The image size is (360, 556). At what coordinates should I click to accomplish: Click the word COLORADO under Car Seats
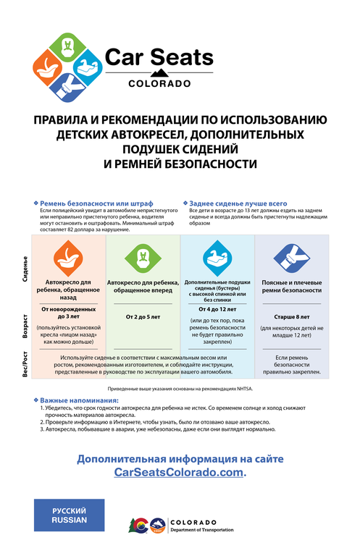159,83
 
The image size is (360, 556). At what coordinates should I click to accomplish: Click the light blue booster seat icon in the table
217,256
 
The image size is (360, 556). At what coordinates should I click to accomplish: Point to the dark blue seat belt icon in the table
290,256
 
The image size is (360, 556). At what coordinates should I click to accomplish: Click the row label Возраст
26,327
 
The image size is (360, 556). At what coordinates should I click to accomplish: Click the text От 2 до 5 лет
143,316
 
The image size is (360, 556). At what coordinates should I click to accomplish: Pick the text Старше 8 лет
290,316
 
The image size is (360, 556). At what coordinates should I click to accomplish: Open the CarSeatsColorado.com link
179,472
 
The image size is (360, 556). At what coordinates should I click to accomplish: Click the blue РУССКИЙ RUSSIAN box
69,515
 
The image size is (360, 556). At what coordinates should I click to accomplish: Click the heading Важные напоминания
80,400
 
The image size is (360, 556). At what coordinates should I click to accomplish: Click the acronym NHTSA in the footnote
243,389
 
